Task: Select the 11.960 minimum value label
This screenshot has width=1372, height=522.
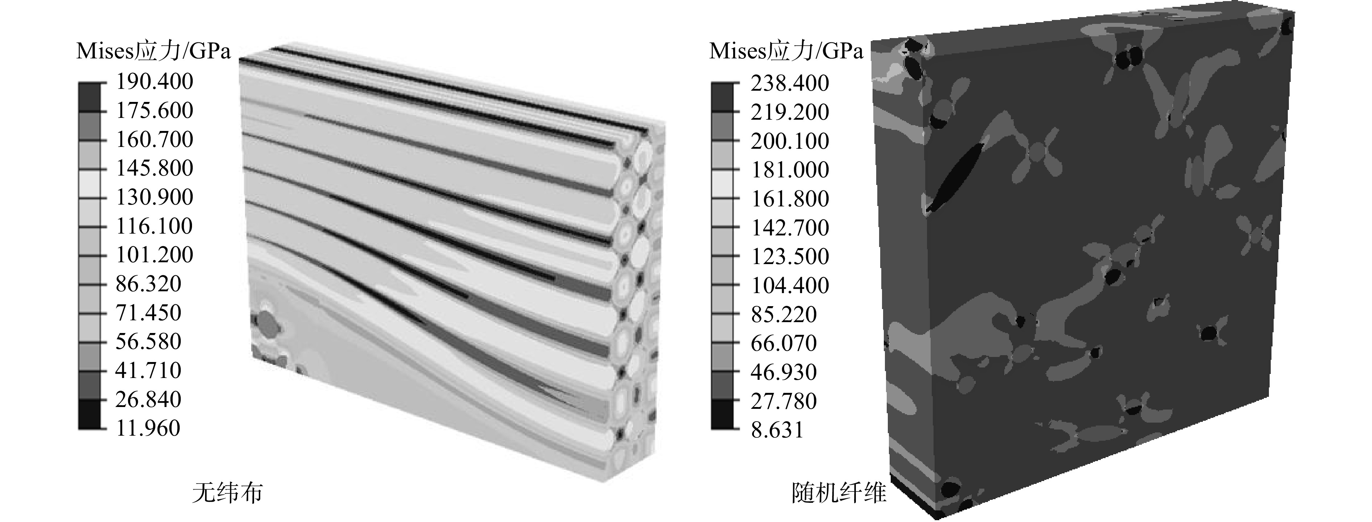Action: point(148,428)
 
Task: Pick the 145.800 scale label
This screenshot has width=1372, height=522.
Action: point(155,168)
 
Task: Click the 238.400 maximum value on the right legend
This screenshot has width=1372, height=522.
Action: point(790,83)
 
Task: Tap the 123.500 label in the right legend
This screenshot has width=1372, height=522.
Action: point(790,257)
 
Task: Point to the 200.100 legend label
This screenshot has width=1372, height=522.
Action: point(790,141)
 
